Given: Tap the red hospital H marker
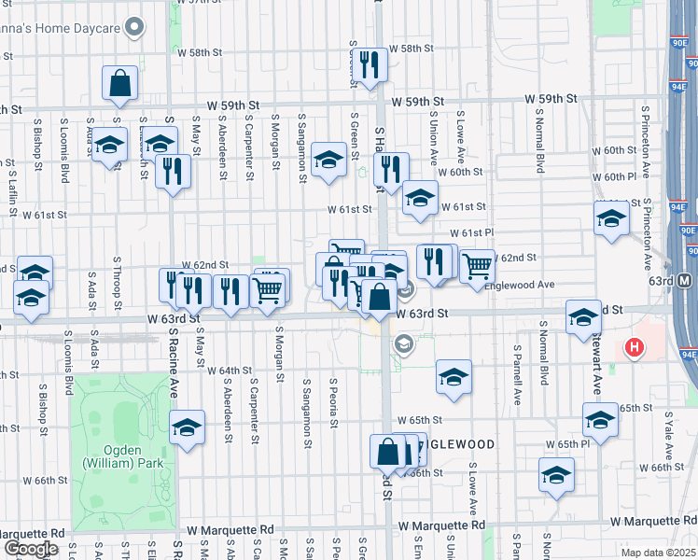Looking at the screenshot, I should [635, 348].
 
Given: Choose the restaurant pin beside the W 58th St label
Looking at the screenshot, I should [370, 64].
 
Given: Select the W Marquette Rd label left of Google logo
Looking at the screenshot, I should [35, 529].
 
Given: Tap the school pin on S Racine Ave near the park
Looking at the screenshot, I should [188, 427].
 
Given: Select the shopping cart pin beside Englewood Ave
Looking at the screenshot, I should [477, 266].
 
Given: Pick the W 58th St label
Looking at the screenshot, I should [410, 49].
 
